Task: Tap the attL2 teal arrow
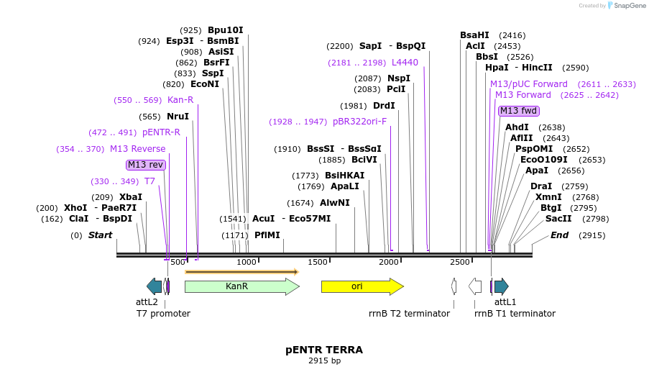click(154, 286)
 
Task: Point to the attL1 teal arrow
click(501, 286)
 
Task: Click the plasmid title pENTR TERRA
click(324, 350)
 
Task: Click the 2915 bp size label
click(324, 360)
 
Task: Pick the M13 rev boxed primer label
click(146, 165)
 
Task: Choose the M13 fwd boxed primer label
click(518, 111)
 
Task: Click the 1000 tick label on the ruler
click(247, 262)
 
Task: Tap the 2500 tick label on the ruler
click(460, 262)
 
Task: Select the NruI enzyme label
click(178, 117)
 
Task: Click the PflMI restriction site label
click(267, 235)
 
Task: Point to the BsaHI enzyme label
click(474, 35)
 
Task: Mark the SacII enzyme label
click(558, 219)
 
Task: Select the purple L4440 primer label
click(405, 63)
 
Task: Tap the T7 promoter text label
click(163, 314)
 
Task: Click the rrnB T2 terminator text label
click(409, 314)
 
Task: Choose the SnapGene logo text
click(627, 6)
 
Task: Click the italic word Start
click(100, 235)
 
